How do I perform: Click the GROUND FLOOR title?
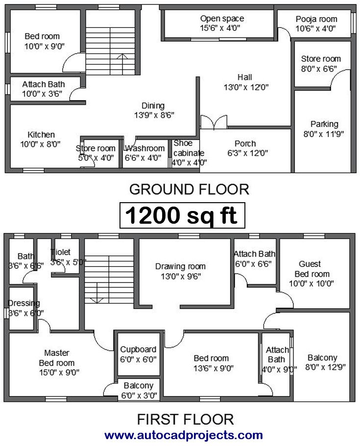[189, 189]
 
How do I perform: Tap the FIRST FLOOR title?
[185, 420]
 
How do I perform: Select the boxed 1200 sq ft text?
[182, 215]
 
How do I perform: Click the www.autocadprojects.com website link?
[184, 435]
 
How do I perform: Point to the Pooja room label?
[316, 20]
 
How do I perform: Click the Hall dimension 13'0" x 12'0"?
[246, 87]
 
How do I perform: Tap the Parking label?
[324, 124]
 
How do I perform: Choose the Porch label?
[245, 143]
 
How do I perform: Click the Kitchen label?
[41, 135]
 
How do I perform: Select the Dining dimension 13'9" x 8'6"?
[154, 115]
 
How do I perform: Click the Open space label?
[222, 19]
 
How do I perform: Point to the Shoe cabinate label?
[189, 148]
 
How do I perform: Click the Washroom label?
[145, 148]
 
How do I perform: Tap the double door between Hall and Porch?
[214, 122]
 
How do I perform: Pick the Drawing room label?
[180, 266]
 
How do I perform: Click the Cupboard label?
[138, 350]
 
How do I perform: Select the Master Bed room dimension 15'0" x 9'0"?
[59, 373]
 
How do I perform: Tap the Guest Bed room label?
[312, 269]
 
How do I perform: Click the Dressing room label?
[24, 303]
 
